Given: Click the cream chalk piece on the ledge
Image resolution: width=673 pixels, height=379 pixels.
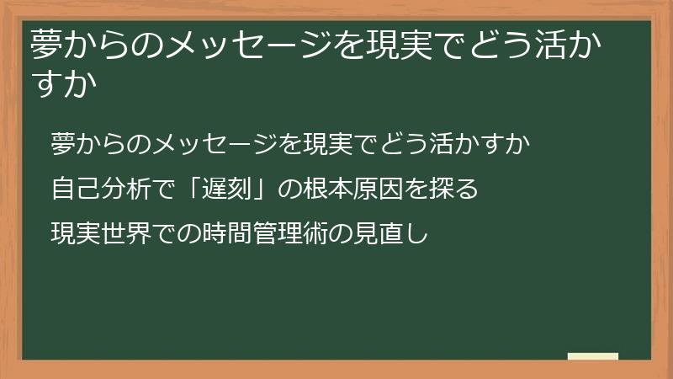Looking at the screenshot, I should click(593, 356).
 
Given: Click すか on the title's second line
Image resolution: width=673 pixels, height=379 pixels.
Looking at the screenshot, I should click(60, 84).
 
